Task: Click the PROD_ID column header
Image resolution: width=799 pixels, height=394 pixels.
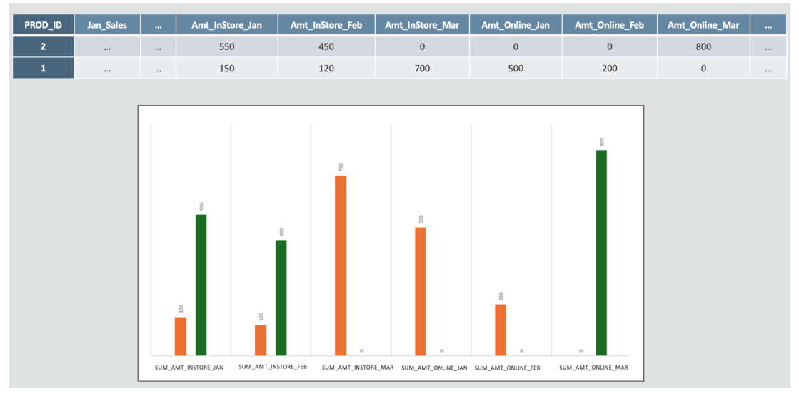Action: (43, 25)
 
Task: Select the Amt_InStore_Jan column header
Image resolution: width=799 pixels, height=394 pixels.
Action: (226, 25)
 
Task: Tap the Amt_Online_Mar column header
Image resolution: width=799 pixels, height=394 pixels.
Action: (703, 25)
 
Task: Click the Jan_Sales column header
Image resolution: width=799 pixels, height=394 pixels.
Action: (106, 25)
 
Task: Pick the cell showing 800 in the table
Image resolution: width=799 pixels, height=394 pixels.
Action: (703, 47)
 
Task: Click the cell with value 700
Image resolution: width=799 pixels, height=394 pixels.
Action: (422, 69)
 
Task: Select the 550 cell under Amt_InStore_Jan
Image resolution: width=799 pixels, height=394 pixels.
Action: (226, 47)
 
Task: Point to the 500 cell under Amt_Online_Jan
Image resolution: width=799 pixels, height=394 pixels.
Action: (516, 69)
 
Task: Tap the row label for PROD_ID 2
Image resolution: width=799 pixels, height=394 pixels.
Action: (43, 47)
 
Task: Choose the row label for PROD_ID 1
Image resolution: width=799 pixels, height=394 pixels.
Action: (43, 69)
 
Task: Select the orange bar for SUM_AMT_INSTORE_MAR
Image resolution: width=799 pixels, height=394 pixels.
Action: (341, 265)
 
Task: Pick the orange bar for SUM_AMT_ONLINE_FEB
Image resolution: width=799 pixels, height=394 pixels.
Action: (501, 329)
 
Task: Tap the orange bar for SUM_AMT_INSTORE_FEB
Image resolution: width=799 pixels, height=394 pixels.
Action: (261, 340)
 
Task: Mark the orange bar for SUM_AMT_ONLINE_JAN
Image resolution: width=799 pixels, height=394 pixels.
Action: (421, 291)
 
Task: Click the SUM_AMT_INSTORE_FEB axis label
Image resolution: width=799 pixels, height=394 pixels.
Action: (273, 367)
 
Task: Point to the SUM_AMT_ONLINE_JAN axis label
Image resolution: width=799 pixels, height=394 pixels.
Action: (434, 368)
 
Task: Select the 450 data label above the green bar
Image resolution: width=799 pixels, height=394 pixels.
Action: (281, 231)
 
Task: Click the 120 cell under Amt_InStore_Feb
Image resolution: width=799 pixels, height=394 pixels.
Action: (326, 69)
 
